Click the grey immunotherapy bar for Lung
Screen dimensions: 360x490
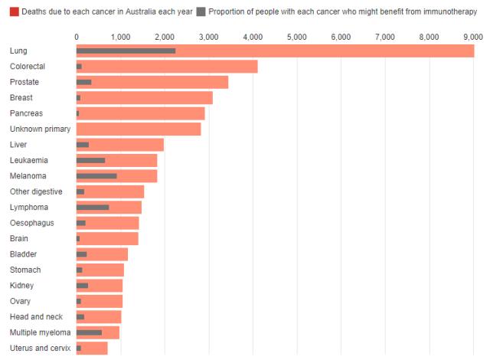point(126,51)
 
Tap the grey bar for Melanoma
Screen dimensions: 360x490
point(96,176)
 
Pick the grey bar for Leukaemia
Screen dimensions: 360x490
point(90,160)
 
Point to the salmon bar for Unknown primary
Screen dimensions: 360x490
point(138,129)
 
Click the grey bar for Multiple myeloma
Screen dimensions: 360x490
point(89,332)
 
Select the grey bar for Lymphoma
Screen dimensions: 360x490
point(93,207)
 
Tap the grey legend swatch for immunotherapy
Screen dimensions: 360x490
point(201,11)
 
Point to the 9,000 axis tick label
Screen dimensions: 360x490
point(473,36)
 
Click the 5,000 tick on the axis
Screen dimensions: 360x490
point(296,36)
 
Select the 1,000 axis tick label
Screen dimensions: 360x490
point(120,36)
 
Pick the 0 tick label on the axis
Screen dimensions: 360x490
point(77,36)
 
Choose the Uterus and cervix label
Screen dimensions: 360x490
point(40,349)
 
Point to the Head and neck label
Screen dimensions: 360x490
point(35,317)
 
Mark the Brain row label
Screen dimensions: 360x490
point(19,238)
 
